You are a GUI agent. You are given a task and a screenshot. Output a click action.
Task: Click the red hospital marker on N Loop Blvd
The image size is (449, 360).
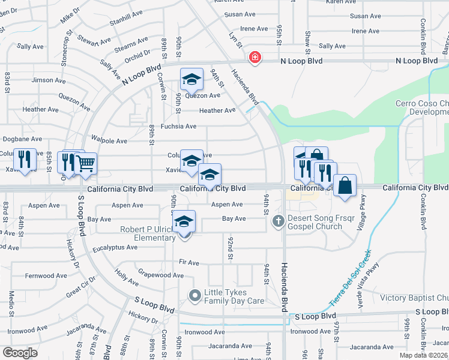[x=255, y=58]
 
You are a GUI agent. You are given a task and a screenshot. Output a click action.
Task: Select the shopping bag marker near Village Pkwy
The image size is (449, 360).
[x=345, y=186]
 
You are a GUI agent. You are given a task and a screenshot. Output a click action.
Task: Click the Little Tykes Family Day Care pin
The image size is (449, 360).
[x=194, y=295]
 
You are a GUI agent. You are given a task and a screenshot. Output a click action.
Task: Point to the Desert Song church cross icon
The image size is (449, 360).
[x=278, y=221]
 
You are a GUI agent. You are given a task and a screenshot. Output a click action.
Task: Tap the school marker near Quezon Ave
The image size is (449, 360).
[x=191, y=80]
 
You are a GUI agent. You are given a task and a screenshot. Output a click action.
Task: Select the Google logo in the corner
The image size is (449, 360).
[x=20, y=353]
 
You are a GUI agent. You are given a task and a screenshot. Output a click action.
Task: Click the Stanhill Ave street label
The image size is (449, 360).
[x=126, y=12]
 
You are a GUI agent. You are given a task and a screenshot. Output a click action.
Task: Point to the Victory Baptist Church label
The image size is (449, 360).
[x=415, y=298]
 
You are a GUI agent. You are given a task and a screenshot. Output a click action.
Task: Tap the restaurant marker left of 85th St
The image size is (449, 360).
[x=24, y=160]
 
